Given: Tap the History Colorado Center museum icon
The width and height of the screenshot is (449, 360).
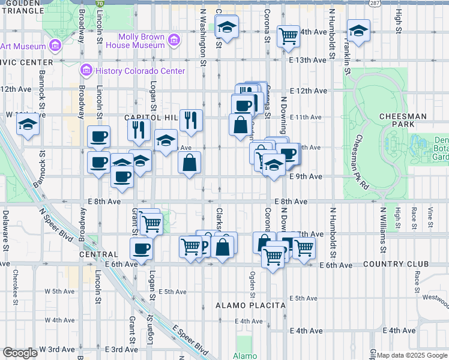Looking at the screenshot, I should click(86, 71).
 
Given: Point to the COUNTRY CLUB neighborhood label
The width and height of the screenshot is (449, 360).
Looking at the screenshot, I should click(400, 264).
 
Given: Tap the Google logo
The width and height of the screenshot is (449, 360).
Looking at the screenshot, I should click(20, 353).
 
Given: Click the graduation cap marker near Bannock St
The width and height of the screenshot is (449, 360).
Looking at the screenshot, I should click(28, 125).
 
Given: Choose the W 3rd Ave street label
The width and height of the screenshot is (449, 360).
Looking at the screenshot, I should click(58, 349).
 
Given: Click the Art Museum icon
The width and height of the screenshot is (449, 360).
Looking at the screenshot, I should click(55, 46).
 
